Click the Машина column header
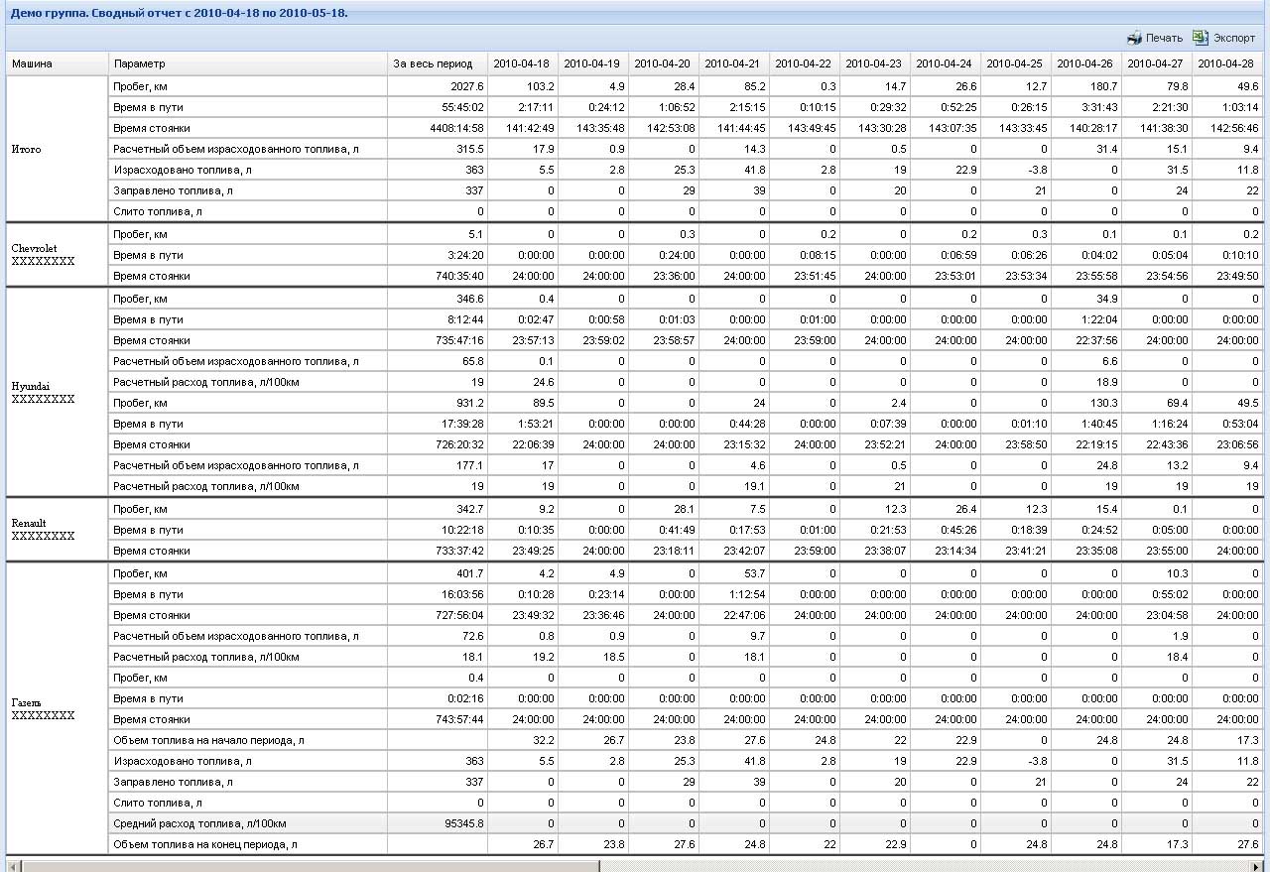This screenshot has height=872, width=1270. coord(32,64)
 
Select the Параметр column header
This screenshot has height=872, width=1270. coord(140,64)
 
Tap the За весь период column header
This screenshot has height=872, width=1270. coord(426,64)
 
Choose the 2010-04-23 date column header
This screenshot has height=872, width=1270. coord(874,64)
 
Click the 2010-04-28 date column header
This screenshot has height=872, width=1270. coord(1225,64)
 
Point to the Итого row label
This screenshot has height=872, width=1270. coord(26,149)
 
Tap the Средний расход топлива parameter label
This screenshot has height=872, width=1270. coord(199,823)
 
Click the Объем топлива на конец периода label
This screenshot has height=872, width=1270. coord(204,844)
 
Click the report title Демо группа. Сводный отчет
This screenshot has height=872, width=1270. coord(179,14)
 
